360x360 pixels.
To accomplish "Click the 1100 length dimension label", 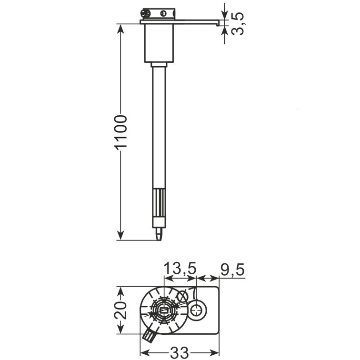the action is (121, 133).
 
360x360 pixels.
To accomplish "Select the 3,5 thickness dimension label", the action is (238, 24).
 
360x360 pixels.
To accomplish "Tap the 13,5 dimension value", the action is (180, 269).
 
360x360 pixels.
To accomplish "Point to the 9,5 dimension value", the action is (232, 270).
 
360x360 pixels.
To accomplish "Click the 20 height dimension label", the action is (120, 310).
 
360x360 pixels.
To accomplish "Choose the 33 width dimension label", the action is (180, 353).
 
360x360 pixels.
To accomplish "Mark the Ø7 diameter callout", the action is (187, 295).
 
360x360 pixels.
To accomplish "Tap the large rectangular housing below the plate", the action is (159, 43).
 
